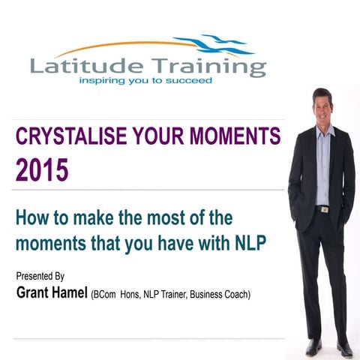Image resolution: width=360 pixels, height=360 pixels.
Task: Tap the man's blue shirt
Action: (x=322, y=165)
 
